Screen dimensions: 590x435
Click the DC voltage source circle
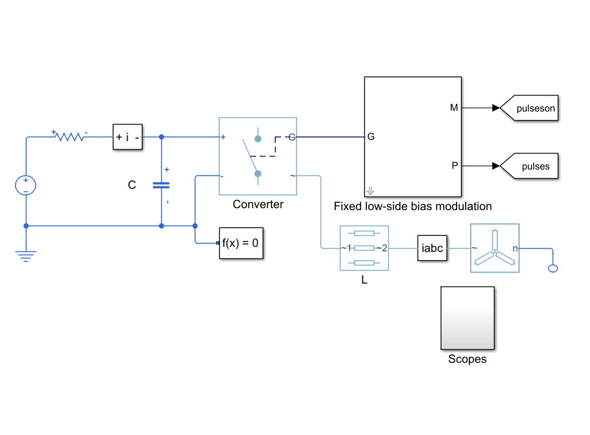26,186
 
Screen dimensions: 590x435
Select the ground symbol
26,256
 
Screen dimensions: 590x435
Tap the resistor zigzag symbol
70,137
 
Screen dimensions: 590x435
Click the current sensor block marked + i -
128,137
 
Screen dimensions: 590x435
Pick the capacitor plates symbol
161,185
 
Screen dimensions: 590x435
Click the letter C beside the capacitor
132,185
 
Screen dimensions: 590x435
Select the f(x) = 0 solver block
241,243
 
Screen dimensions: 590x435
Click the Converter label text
258,204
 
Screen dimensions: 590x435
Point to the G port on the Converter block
291,137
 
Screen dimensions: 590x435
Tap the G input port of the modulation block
371,137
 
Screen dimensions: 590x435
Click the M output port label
454,108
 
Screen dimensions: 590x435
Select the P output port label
455,166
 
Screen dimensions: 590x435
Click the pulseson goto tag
529,108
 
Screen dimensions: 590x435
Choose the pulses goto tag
529,166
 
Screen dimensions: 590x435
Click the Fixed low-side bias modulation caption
413,206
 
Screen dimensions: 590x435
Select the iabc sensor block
432,248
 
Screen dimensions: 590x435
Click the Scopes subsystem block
467,318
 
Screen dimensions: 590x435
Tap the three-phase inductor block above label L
364,248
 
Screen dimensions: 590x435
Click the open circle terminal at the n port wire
553,269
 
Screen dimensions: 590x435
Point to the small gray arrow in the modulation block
371,191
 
